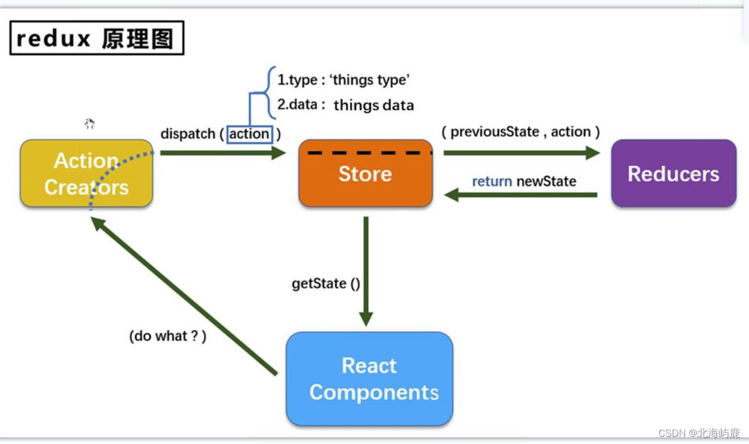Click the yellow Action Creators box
[86, 173]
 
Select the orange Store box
[365, 174]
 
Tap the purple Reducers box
[673, 173]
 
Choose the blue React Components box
[369, 379]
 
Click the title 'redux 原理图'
[96, 38]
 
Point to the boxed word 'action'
[249, 134]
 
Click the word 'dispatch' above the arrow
[188, 134]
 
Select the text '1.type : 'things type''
[344, 80]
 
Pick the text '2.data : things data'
[345, 105]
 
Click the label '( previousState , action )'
[520, 132]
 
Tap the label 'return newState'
[524, 181]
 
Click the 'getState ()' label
[326, 284]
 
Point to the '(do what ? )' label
[168, 336]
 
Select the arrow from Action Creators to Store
[223, 153]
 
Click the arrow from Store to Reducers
[521, 153]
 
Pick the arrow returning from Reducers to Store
[521, 195]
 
